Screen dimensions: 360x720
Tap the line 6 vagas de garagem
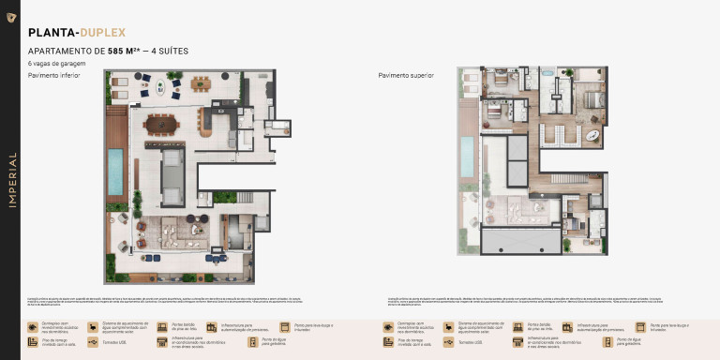coord(57,64)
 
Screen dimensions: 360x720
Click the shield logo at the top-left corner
coord(10,16)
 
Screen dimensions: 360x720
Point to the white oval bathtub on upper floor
coord(592,136)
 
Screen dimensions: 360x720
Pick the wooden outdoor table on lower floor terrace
coord(202,83)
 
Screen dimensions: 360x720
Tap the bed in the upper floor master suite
coord(592,98)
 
